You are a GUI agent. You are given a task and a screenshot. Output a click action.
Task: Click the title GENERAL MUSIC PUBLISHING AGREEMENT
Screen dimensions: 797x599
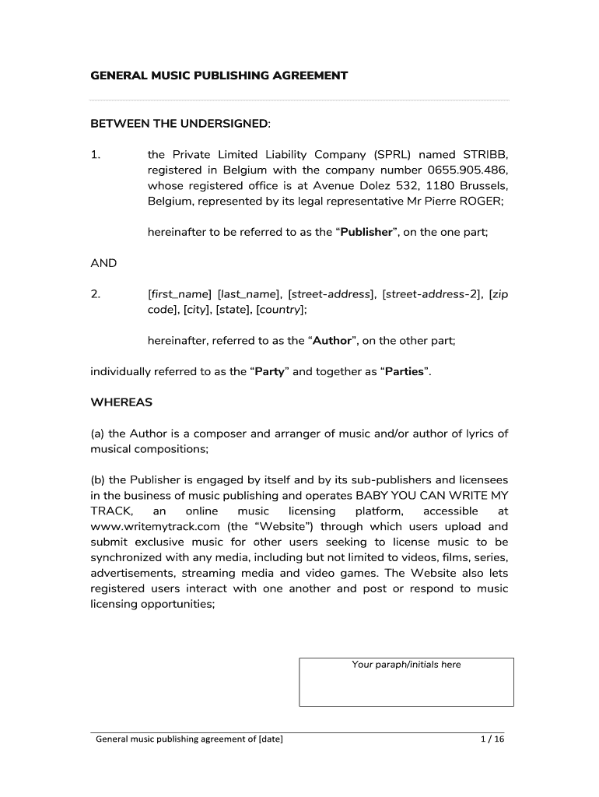click(x=219, y=75)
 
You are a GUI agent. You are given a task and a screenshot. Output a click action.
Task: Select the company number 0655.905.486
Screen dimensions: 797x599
click(x=468, y=170)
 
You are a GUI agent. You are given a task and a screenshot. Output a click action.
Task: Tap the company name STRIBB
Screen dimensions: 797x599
click(x=485, y=155)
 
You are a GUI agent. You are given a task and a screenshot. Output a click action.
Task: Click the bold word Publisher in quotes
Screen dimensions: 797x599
click(x=366, y=233)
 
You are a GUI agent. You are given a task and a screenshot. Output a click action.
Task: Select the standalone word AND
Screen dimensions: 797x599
click(x=103, y=263)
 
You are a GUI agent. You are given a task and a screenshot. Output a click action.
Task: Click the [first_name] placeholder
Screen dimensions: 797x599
click(x=180, y=293)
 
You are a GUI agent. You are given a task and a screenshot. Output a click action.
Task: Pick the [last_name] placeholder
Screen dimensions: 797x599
click(x=249, y=293)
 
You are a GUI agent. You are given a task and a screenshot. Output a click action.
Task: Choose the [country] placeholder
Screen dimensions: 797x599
click(x=282, y=309)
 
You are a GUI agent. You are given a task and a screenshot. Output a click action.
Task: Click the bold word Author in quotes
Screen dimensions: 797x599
click(x=332, y=340)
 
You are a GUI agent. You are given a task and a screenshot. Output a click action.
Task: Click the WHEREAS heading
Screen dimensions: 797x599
click(x=121, y=402)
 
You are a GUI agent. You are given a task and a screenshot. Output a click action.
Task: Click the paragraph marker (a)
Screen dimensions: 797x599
click(x=98, y=434)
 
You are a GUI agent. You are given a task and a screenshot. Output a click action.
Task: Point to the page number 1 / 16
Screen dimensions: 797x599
click(x=493, y=739)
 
